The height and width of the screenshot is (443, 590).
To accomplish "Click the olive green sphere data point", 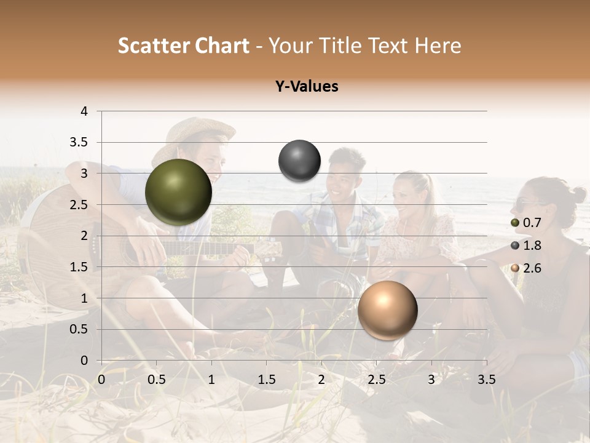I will tap(179, 192).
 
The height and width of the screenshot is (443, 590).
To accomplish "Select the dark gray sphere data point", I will tap(299, 161).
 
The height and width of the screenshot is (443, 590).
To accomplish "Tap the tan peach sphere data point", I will tap(387, 310).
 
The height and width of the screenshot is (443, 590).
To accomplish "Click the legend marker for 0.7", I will tap(515, 223).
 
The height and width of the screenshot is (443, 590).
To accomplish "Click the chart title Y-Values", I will tap(307, 87).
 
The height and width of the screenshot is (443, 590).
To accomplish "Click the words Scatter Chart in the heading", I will tap(183, 46).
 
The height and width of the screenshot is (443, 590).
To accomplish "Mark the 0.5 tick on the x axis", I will tap(156, 380).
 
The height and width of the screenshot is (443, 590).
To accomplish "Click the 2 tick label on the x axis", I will tap(321, 380).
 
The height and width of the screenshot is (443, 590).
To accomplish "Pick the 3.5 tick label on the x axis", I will tap(486, 380).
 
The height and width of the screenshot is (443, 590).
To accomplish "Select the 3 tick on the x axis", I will tap(431, 380).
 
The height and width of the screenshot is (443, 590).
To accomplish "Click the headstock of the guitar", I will tap(269, 249).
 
